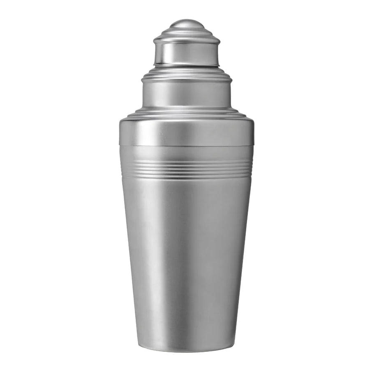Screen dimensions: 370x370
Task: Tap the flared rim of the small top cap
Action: point(187,39)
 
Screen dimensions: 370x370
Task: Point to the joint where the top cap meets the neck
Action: point(187,65)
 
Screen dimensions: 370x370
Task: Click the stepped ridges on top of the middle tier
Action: point(187,76)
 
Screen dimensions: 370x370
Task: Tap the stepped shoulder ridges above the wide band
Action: point(187,113)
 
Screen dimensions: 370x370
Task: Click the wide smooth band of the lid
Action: point(187,132)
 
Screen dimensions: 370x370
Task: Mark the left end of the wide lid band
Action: point(121,132)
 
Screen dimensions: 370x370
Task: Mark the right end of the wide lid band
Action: point(252,132)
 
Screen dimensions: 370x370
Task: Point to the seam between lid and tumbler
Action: point(187,146)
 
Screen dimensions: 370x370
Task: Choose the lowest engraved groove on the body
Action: point(187,177)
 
